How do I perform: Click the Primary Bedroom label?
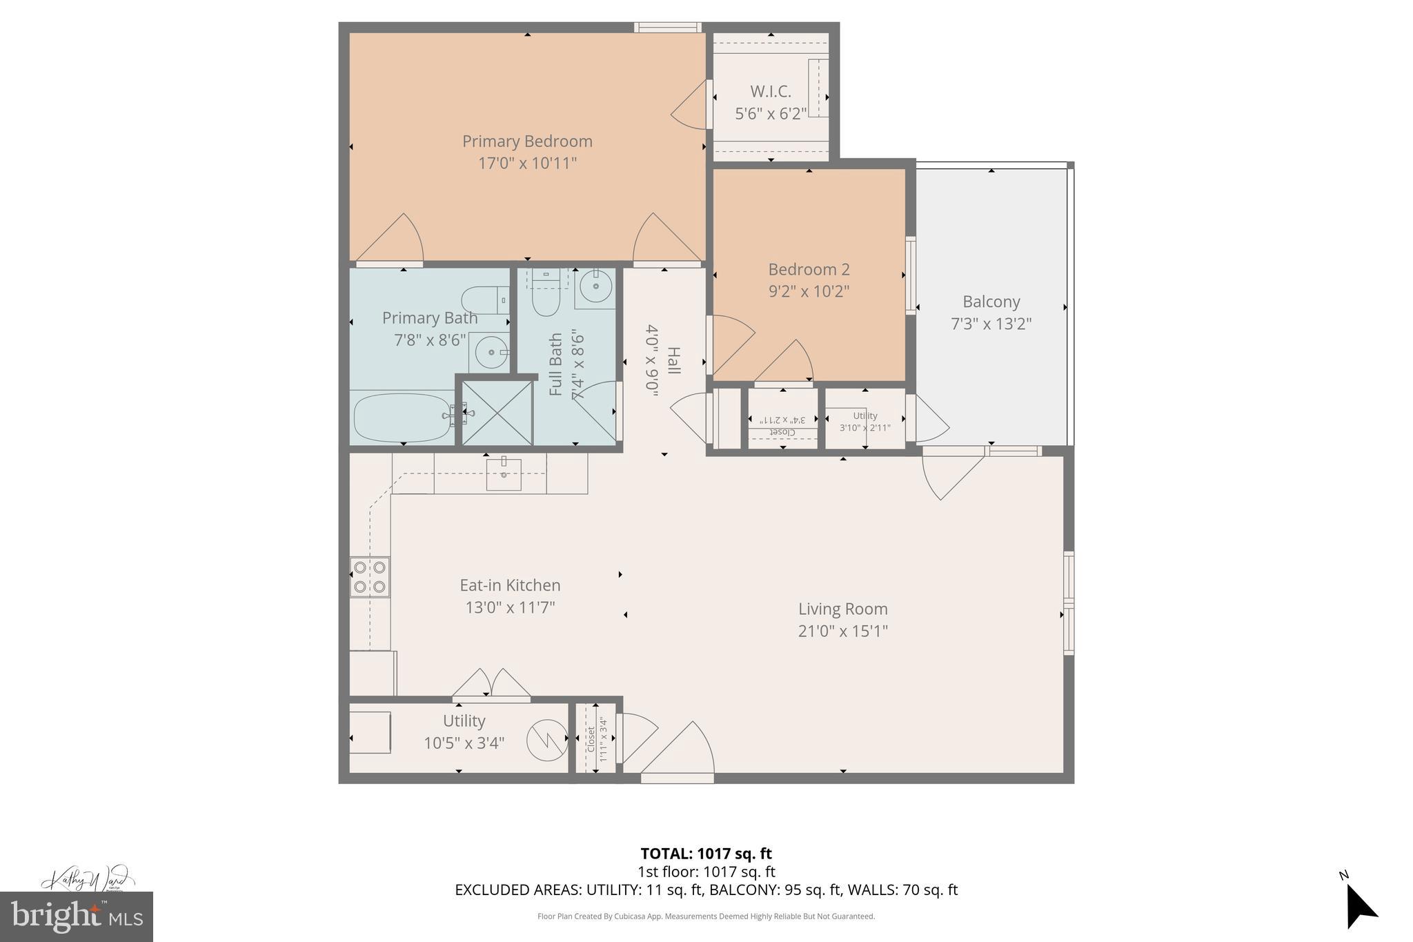pos(527,141)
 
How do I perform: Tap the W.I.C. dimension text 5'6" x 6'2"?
pos(771,114)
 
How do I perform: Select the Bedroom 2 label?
pos(809,269)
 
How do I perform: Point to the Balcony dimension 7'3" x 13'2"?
pos(991,324)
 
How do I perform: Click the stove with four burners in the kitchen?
pos(369,577)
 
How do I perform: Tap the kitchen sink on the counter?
pos(504,473)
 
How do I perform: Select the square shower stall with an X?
pos(497,413)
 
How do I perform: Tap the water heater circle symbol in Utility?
pos(547,740)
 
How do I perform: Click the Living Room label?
pos(842,609)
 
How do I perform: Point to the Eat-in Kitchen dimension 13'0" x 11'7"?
pos(510,607)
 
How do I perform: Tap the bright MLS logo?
pos(76,916)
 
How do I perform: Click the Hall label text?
pos(674,360)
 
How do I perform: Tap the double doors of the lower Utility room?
pos(491,685)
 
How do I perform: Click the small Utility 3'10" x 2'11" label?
pos(864,421)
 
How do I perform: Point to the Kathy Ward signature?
pos(86,880)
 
